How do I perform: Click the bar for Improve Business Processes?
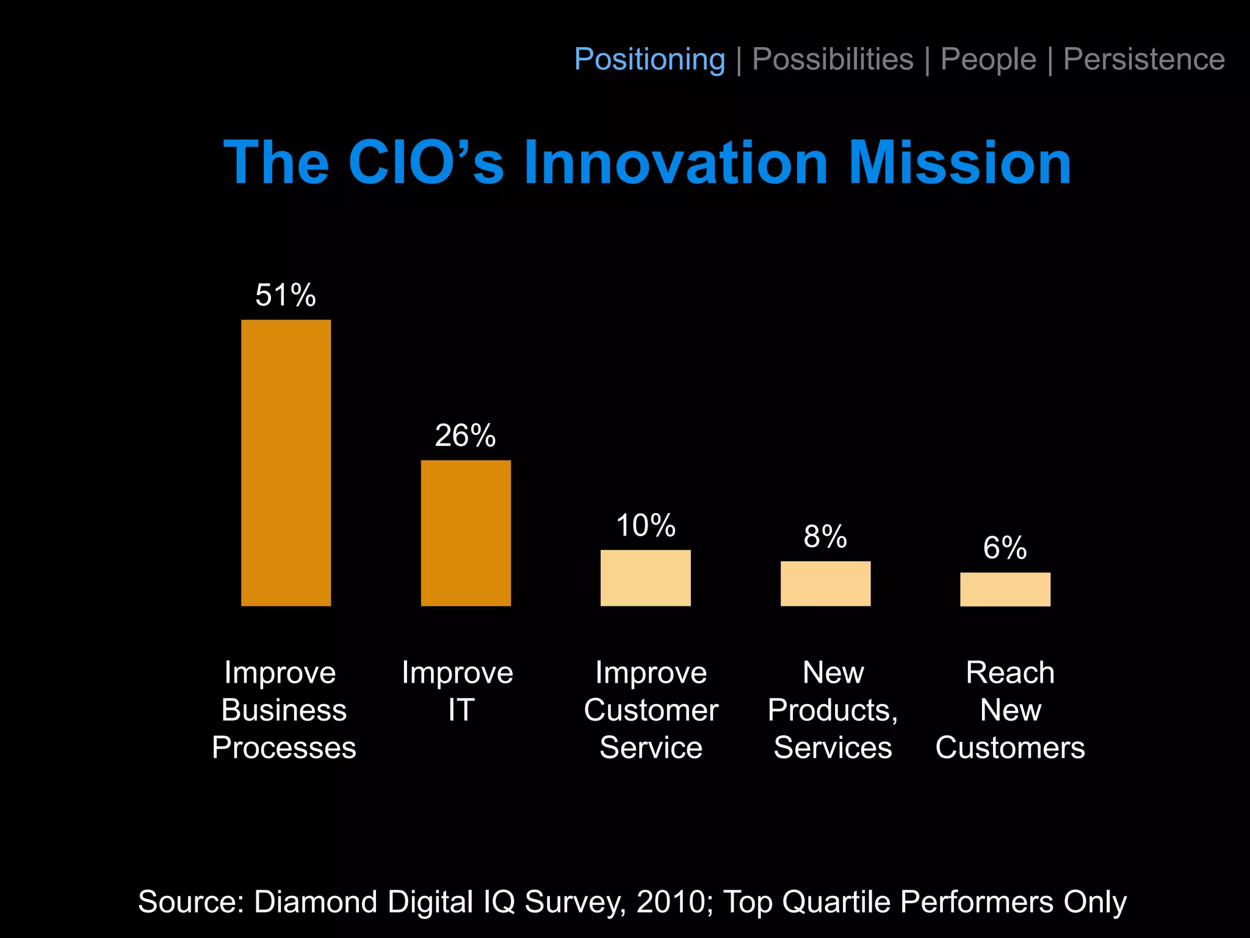(286, 463)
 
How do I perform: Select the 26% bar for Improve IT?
(466, 533)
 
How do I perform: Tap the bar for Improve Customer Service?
(645, 578)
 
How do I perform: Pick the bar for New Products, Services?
(825, 584)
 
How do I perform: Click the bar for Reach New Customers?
(1005, 589)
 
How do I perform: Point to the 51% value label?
(286, 296)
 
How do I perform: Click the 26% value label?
(465, 436)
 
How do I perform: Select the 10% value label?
(645, 526)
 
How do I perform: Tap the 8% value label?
(825, 537)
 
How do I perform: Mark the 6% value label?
(1005, 548)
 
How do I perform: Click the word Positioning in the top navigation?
(649, 60)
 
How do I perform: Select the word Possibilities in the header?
(833, 60)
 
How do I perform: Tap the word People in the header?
(988, 60)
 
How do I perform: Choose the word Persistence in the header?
(1144, 60)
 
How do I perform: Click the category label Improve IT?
(458, 691)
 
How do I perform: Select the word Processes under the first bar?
(284, 747)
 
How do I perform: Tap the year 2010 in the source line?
(671, 902)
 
